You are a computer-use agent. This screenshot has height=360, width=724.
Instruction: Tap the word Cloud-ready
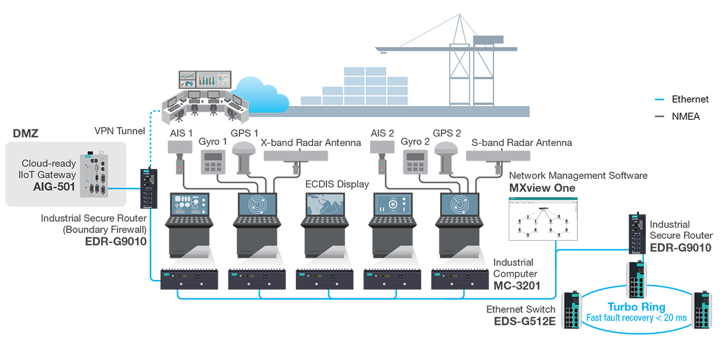pos(49,163)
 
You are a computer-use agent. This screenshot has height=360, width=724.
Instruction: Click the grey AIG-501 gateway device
pos(97,173)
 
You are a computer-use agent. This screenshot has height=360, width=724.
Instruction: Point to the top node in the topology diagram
pos(544,208)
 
